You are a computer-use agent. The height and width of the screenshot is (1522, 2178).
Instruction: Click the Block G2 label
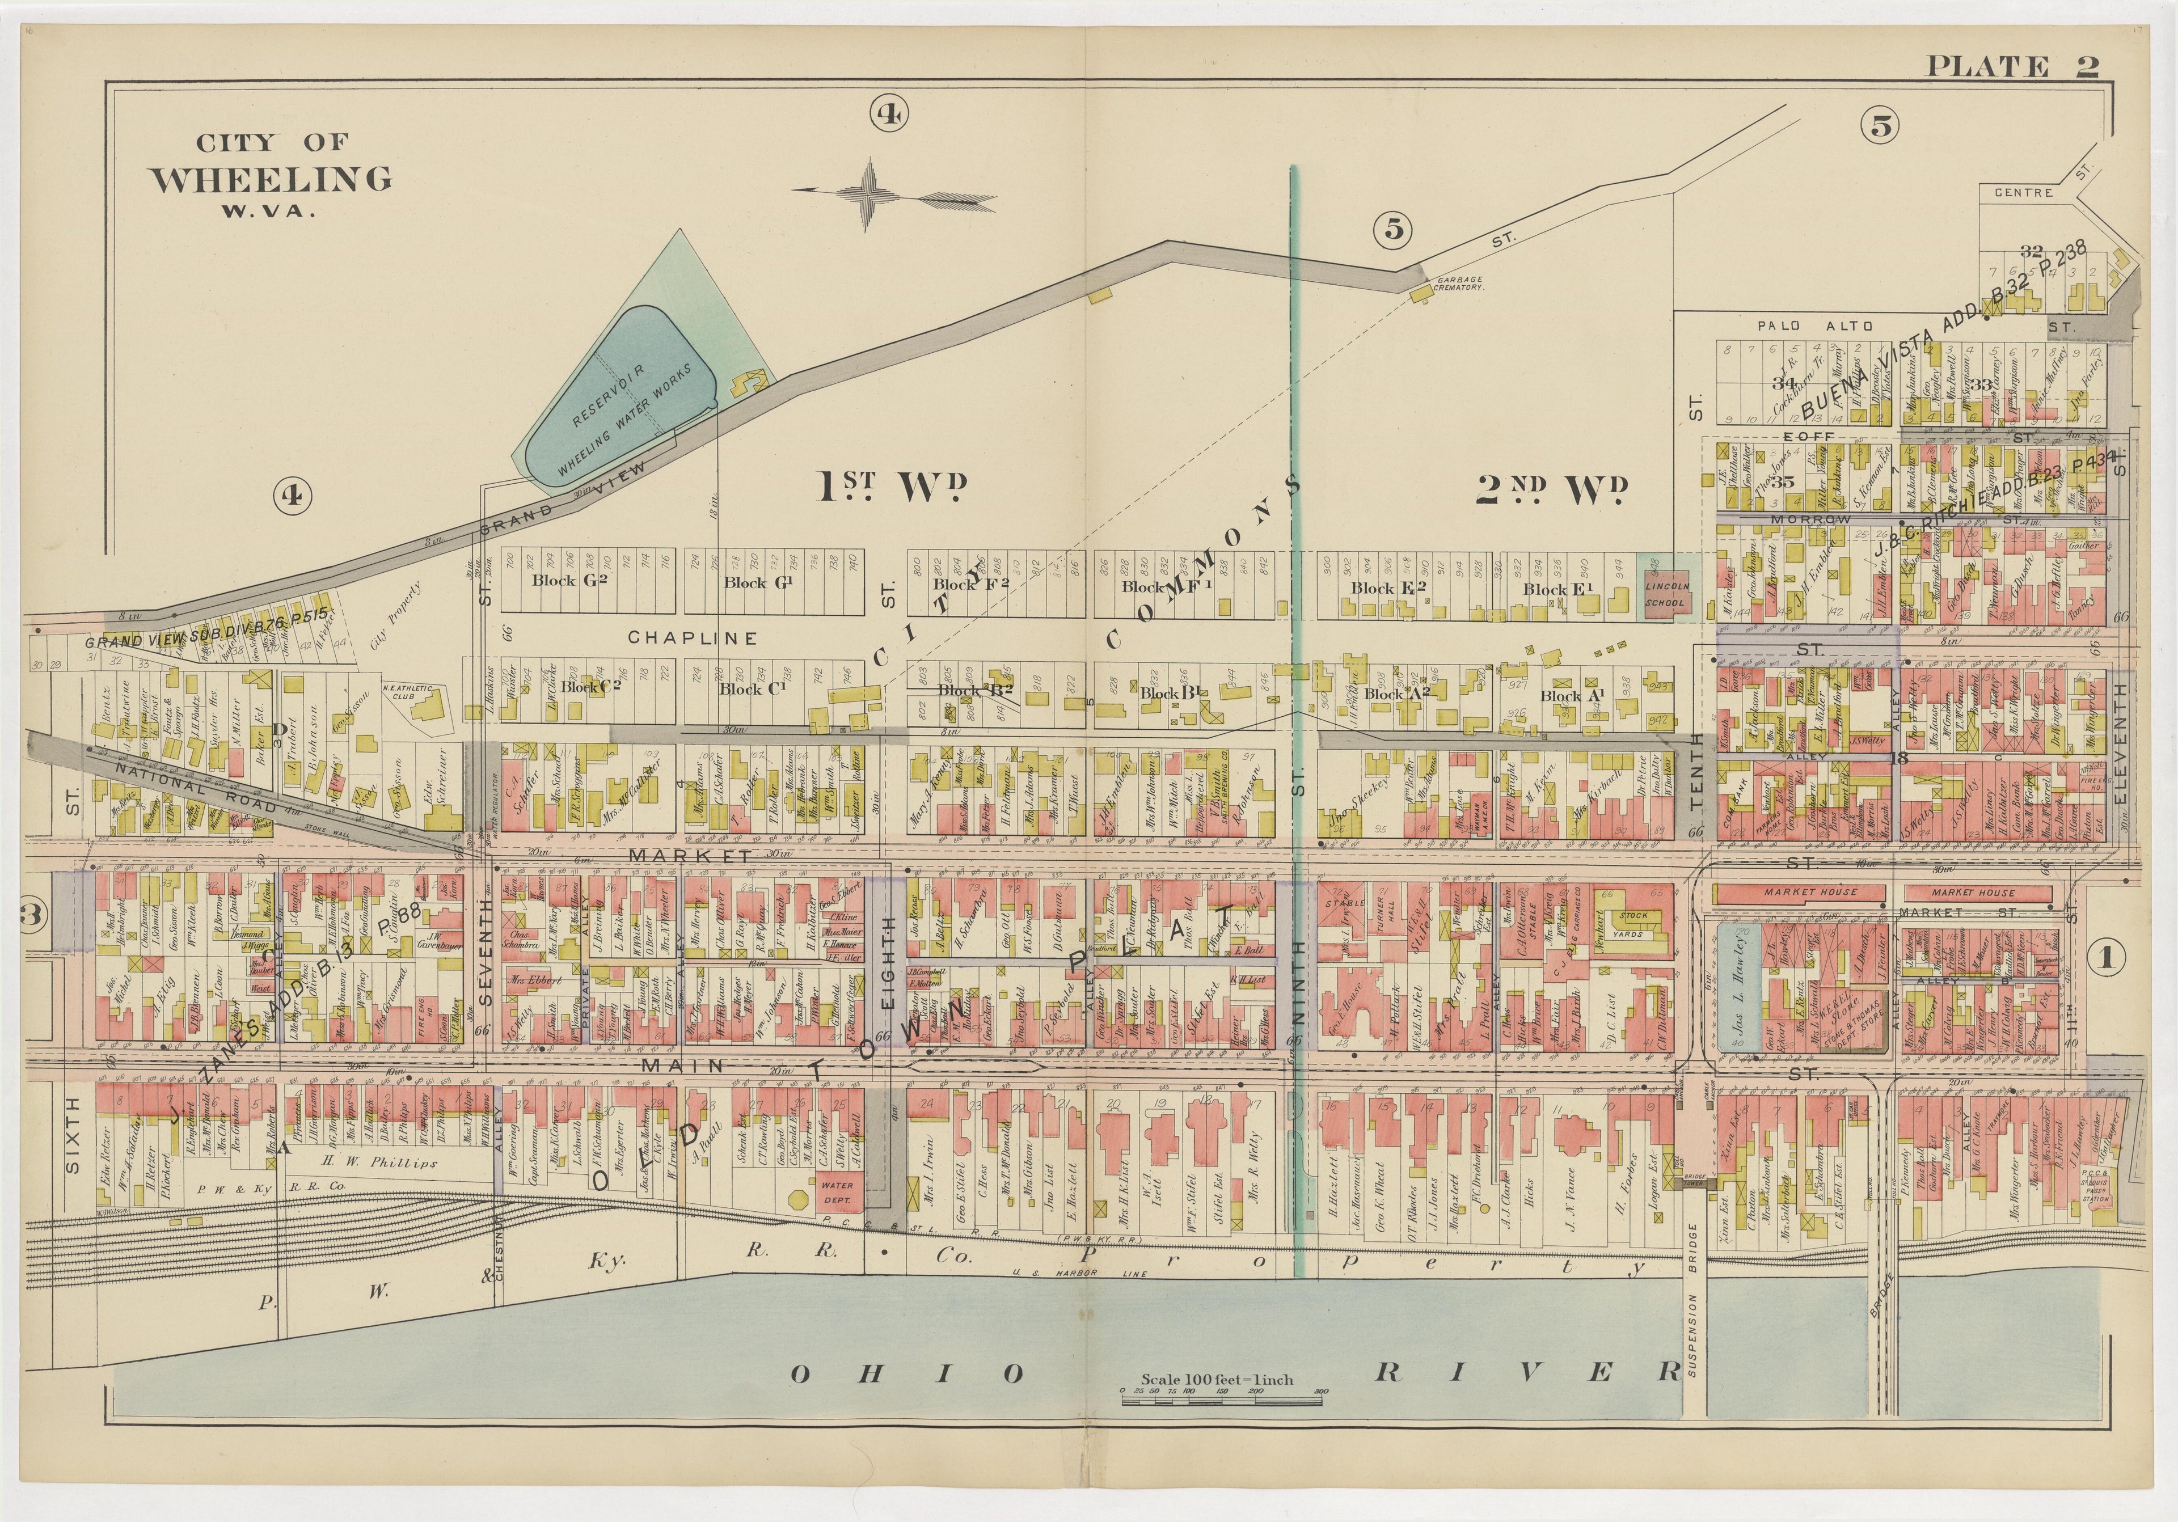coord(569,580)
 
